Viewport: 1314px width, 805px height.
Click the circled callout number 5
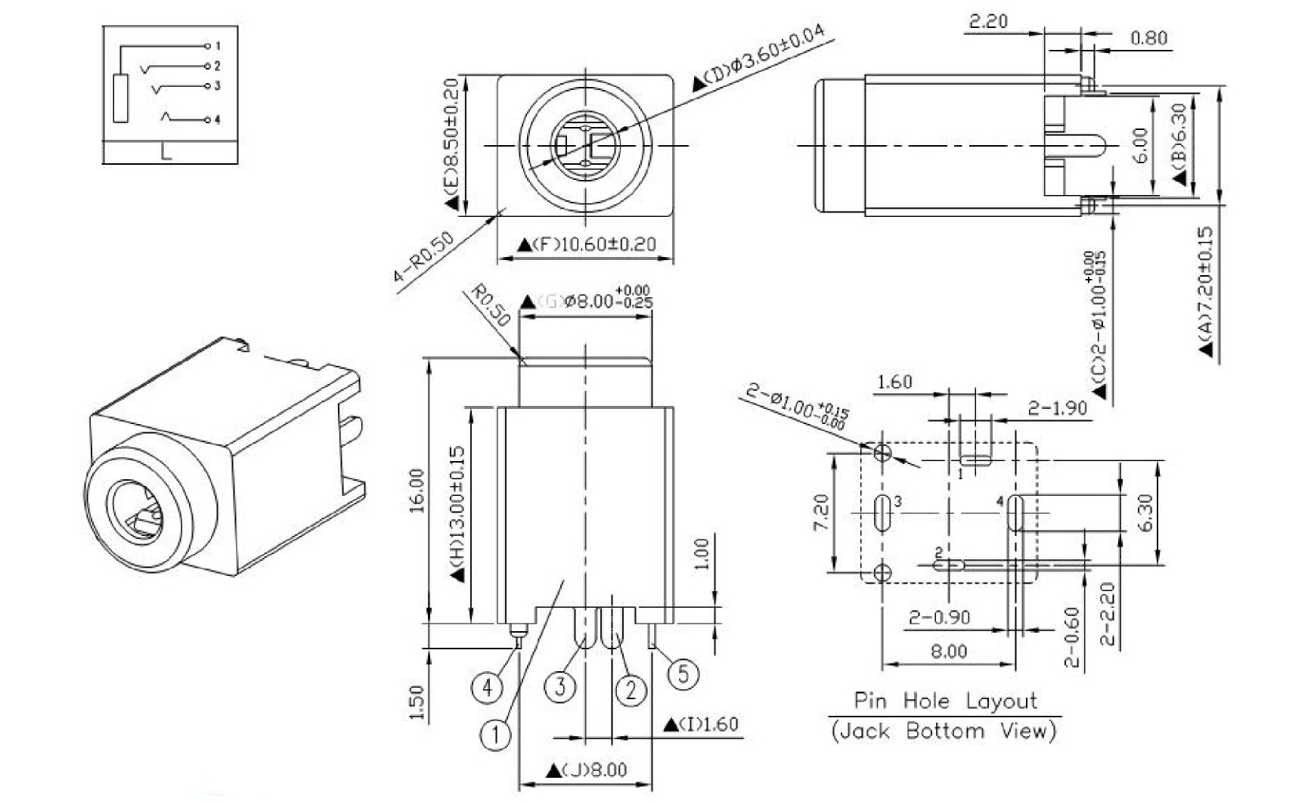click(683, 673)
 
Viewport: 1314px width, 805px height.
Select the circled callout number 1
click(495, 734)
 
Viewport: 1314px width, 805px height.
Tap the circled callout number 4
click(487, 688)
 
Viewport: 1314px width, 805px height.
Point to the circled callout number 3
click(560, 687)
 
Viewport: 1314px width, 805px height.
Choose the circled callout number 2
click(631, 689)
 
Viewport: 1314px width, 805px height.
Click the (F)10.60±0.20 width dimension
click(586, 245)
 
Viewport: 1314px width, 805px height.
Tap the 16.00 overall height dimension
click(417, 491)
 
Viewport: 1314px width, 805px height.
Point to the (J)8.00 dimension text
click(587, 770)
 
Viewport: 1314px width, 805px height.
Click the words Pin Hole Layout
click(945, 701)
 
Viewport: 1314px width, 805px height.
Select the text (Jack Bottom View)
click(944, 731)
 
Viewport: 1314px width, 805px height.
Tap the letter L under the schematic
click(167, 152)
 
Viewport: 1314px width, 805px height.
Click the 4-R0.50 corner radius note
click(424, 257)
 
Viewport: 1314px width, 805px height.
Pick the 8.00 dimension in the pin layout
click(948, 651)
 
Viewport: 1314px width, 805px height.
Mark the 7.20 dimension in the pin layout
click(822, 512)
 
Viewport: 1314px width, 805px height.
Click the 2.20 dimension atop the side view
click(988, 21)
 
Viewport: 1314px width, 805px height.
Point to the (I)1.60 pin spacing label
click(701, 724)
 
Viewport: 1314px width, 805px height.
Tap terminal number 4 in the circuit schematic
click(217, 119)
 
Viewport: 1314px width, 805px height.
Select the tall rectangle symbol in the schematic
click(121, 98)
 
